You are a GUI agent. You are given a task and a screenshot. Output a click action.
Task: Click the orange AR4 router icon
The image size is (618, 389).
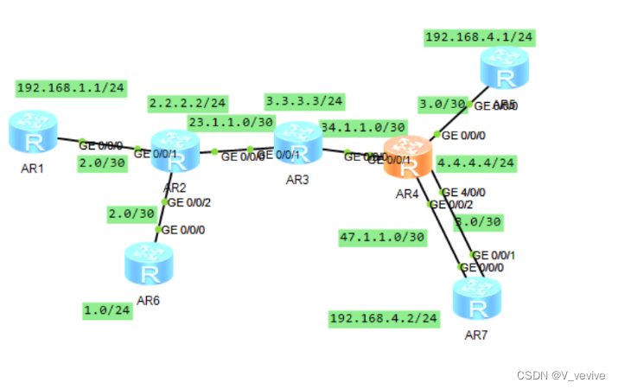408,158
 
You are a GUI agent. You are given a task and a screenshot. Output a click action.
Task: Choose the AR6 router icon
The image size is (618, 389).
149,264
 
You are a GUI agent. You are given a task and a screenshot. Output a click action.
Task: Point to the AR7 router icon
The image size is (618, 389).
477,299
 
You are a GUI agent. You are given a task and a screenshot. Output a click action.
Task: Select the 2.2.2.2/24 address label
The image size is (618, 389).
188,103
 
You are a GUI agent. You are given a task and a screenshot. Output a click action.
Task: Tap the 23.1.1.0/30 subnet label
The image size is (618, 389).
231,123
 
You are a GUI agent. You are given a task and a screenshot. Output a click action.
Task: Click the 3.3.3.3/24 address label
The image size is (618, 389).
304,101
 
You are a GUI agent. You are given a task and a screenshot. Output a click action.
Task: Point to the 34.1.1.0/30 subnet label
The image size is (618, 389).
363,127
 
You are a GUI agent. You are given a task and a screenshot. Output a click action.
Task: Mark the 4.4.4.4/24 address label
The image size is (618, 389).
476,163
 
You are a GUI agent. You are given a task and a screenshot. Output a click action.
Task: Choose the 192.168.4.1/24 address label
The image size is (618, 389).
479,37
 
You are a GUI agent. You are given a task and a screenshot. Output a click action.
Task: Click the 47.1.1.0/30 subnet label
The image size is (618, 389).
382,236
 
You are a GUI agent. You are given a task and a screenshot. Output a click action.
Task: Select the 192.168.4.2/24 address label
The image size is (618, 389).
384,318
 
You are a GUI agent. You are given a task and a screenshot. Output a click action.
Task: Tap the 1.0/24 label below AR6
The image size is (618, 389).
108,309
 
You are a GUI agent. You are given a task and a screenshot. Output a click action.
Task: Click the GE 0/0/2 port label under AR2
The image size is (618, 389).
188,203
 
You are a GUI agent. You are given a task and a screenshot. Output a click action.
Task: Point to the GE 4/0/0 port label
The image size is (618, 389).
463,192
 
